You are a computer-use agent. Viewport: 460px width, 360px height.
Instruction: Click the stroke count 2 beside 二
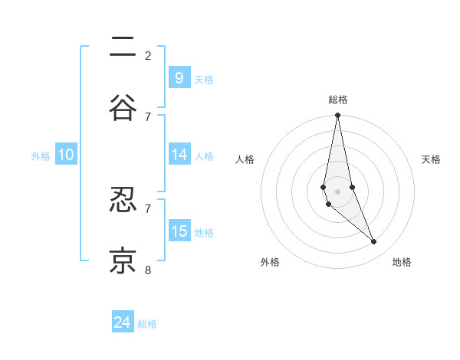148,55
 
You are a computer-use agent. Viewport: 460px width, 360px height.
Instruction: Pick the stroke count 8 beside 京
148,270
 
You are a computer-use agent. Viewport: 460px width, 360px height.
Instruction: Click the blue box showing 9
179,77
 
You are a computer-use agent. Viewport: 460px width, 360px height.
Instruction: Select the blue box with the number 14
179,154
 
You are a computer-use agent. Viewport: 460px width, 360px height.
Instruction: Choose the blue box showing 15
179,231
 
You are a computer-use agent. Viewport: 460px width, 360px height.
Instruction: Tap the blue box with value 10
66,155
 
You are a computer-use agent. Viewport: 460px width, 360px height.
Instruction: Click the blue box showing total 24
123,322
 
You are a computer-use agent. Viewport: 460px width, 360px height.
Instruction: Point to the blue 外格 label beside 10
41,155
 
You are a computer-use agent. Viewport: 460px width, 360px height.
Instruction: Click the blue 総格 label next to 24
147,324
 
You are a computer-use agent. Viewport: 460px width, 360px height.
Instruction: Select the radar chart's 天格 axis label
431,159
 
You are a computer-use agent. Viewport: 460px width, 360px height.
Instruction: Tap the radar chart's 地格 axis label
402,262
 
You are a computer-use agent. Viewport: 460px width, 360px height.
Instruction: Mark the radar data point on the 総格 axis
337,115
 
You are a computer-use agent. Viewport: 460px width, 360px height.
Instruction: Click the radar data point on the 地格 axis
374,242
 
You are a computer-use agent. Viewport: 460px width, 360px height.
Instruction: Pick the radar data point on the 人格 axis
324,187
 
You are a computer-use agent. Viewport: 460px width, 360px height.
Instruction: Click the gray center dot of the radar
337,191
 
